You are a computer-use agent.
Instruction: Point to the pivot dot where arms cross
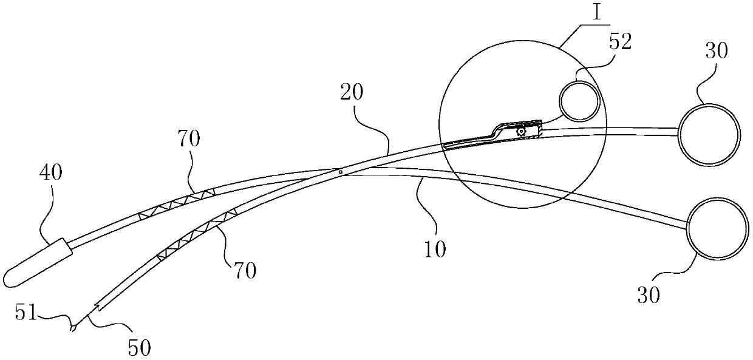(x=341, y=172)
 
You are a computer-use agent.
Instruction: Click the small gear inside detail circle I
(x=520, y=131)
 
